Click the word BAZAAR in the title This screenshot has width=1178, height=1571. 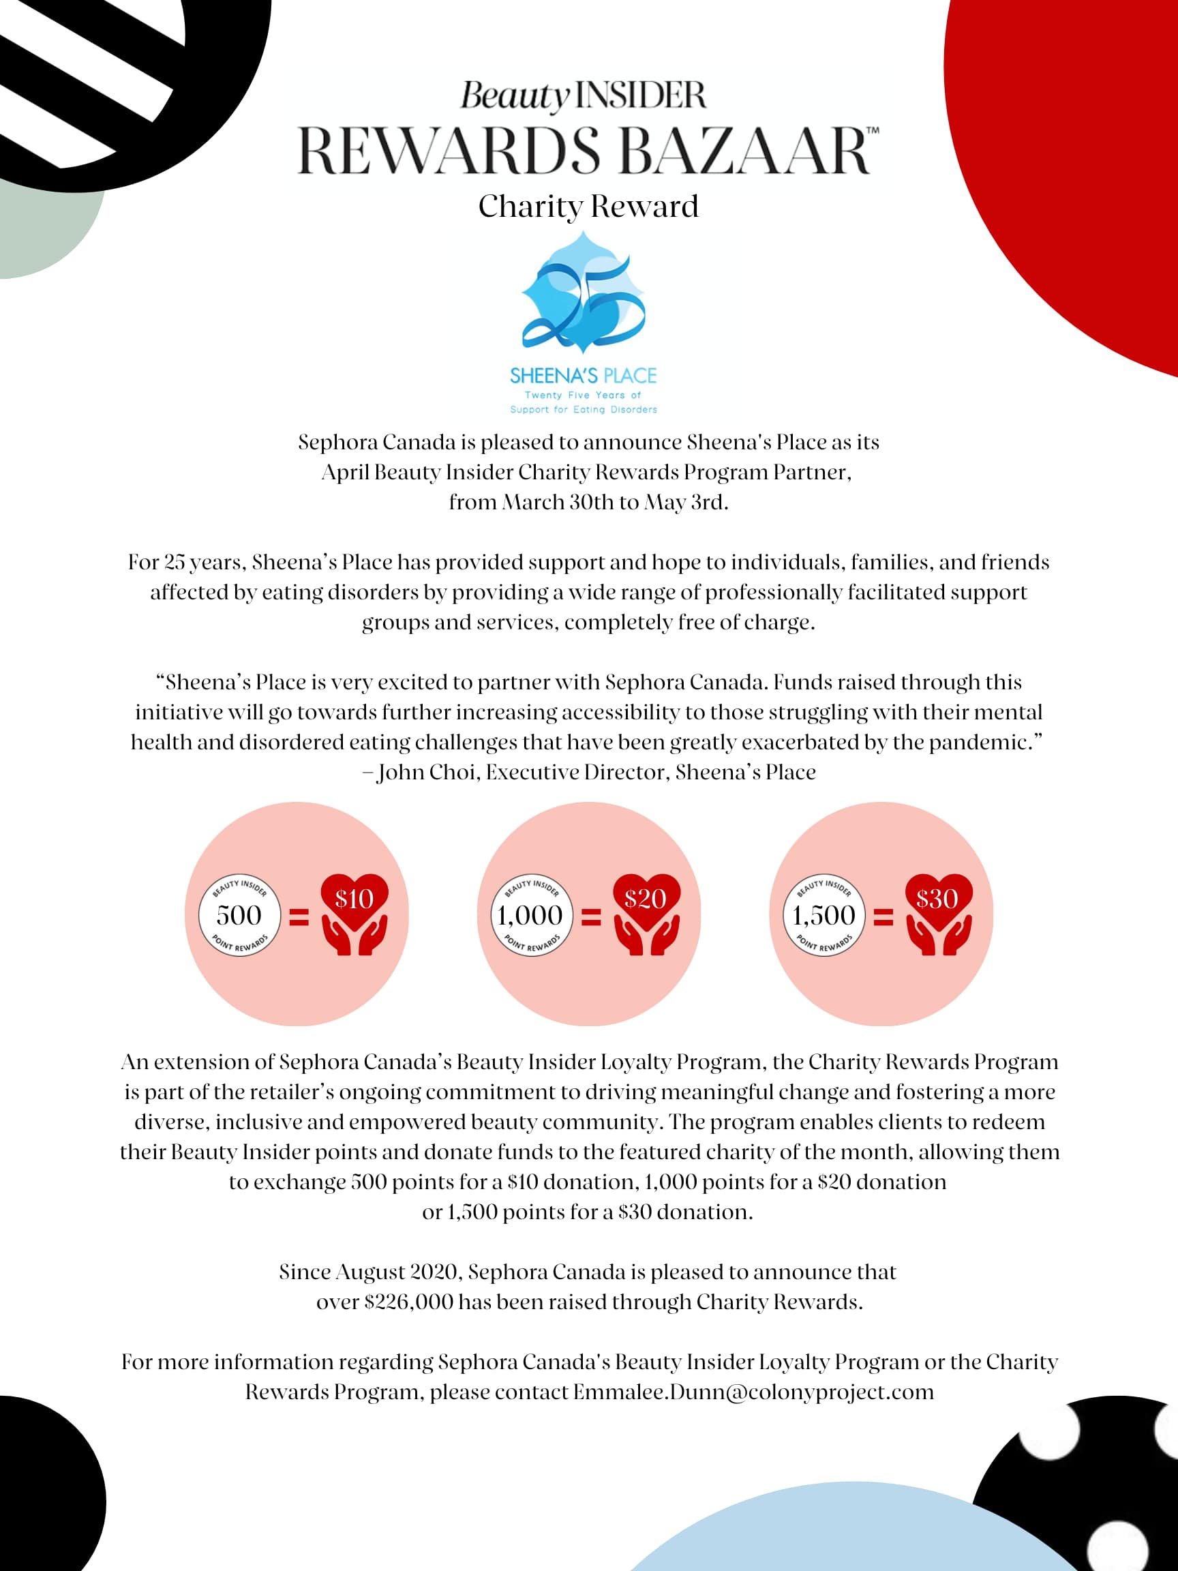point(746,151)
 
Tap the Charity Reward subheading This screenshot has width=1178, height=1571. point(588,207)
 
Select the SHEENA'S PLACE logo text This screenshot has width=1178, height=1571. point(583,375)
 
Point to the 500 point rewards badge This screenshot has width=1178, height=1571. point(239,915)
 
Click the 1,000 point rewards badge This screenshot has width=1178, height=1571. point(531,915)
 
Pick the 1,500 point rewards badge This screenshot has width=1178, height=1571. point(824,915)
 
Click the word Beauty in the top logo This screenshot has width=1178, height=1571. point(515,96)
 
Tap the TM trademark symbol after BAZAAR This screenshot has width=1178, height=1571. point(873,131)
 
